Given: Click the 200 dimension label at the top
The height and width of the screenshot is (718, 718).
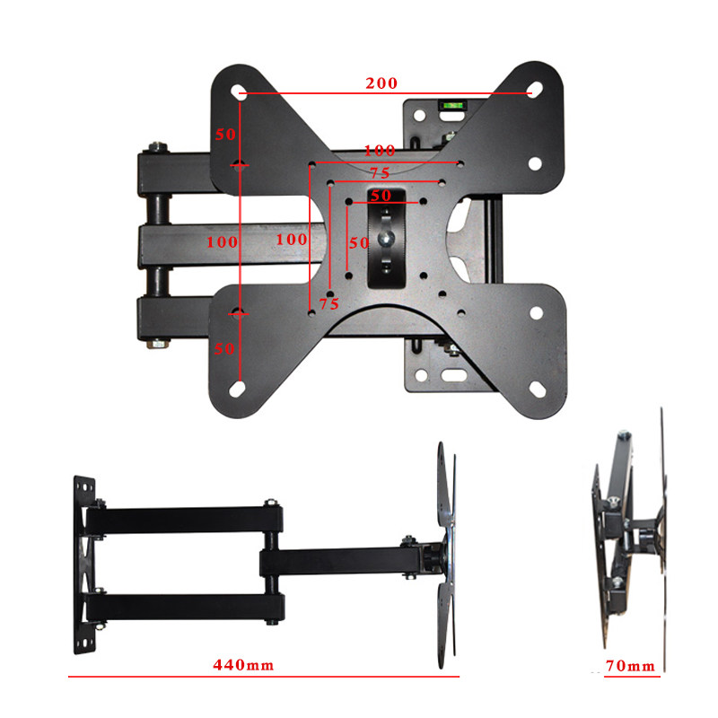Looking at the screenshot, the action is [381, 83].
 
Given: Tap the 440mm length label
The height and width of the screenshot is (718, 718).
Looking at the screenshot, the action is [243, 665].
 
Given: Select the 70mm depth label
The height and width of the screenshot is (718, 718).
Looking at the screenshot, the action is [630, 666].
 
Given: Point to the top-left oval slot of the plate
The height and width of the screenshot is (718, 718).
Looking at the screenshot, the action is [238, 92].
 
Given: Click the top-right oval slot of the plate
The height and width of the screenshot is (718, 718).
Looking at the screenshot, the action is [535, 89].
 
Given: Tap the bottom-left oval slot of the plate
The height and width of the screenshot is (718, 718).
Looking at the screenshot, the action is [237, 390].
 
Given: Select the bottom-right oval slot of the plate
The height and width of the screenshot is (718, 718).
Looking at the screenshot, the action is [537, 390].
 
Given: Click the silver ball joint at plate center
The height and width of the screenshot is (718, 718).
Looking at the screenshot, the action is [386, 238].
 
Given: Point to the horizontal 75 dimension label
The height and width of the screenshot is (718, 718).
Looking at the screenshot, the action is [380, 173].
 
